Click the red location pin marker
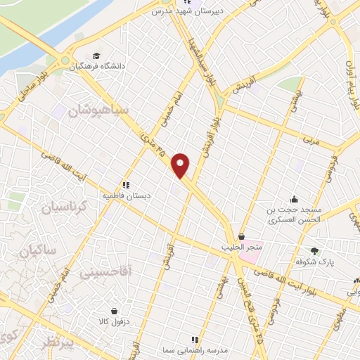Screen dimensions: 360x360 (181, 165)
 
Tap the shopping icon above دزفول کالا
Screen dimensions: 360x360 (114, 311)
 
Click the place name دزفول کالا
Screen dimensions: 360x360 (112, 322)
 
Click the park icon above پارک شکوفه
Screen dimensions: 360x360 (314, 250)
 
